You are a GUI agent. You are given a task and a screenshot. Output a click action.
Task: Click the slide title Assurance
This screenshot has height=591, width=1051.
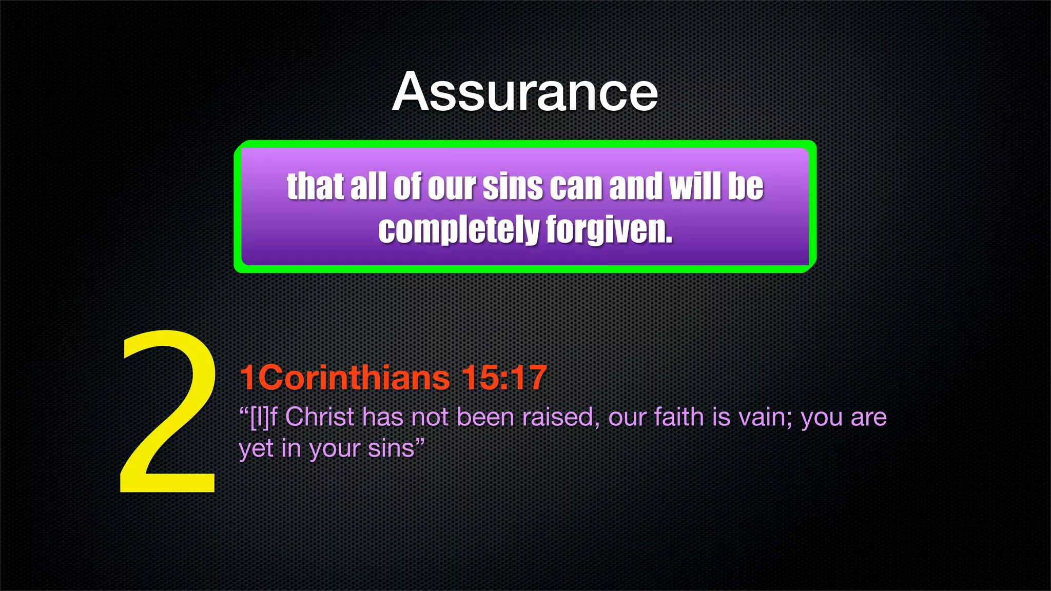[x=525, y=92]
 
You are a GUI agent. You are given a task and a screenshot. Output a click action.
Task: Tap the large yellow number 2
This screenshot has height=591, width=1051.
[x=168, y=413]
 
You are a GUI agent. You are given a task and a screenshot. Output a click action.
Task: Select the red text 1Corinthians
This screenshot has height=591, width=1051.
[x=344, y=378]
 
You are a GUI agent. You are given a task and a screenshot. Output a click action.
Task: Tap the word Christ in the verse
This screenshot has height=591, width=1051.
[x=319, y=417]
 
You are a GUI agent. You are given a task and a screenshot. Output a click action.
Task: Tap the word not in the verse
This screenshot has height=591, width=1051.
[x=430, y=417]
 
